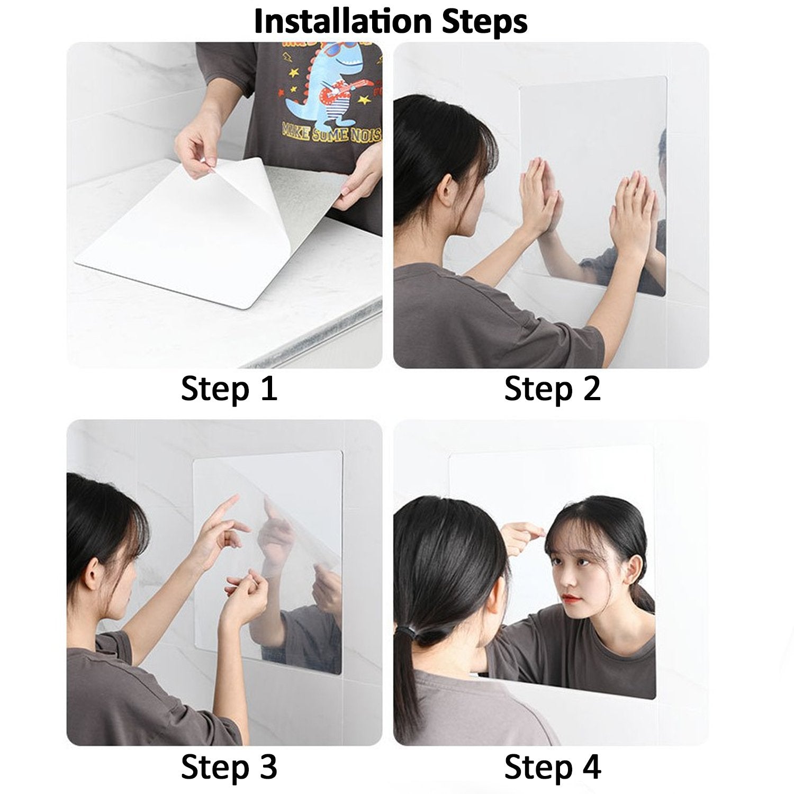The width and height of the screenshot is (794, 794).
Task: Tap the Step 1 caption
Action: coord(229,389)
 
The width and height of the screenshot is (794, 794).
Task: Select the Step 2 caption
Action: coord(552,389)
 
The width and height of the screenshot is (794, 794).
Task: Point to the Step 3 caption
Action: coord(229,766)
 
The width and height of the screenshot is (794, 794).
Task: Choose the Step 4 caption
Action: coord(552,766)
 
